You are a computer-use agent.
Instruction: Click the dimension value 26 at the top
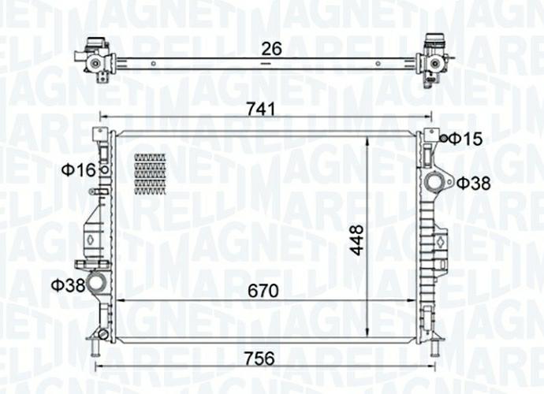pyautogui.click(x=271, y=49)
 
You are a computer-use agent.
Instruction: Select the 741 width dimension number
pyautogui.click(x=261, y=110)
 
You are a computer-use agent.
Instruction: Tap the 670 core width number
pyautogui.click(x=263, y=291)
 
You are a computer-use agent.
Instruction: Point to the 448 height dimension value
pyautogui.click(x=356, y=240)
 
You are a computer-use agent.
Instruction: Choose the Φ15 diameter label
pyautogui.click(x=466, y=139)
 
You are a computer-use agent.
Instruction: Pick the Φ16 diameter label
pyautogui.click(x=79, y=170)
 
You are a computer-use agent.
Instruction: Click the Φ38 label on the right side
pyautogui.click(x=474, y=183)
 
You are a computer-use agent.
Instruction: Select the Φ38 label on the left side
pyautogui.click(x=68, y=285)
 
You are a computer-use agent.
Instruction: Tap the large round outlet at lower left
pyautogui.click(x=95, y=283)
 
